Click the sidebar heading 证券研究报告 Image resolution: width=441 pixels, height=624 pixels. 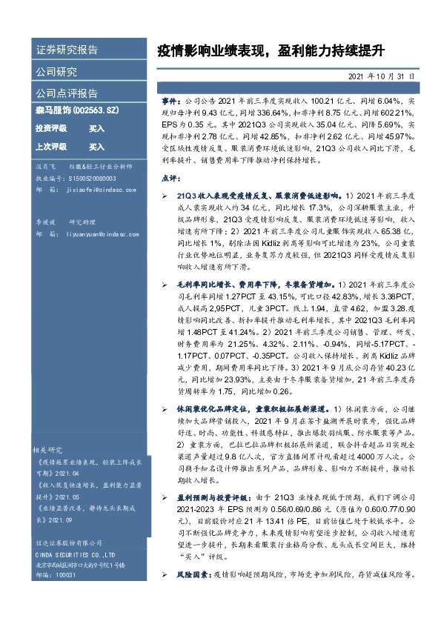[x=67, y=50]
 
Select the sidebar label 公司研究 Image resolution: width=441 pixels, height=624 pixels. [x=56, y=72]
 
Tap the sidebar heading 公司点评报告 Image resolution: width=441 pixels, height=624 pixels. [x=67, y=93]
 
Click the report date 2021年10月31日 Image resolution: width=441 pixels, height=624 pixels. [x=382, y=76]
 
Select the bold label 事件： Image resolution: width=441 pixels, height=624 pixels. [x=171, y=99]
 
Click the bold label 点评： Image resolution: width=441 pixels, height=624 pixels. [x=170, y=178]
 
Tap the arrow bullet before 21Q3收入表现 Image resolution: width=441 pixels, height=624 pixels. [x=165, y=196]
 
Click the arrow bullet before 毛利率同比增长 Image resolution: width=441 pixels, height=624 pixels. [x=165, y=284]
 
